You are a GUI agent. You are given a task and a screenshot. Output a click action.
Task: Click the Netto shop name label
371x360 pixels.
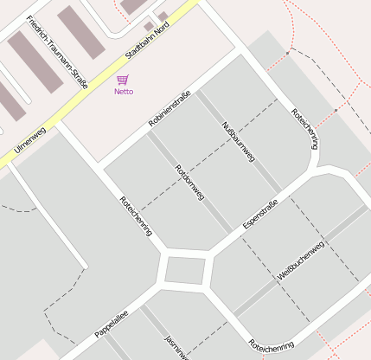124,91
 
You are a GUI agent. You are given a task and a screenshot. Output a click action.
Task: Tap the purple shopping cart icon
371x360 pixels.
123,80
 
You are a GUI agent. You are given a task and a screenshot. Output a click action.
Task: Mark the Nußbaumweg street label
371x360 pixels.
238,141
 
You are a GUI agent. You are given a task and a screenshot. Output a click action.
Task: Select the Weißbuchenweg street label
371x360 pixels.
300,260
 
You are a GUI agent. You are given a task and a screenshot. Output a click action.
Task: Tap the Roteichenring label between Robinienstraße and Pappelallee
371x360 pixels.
137,216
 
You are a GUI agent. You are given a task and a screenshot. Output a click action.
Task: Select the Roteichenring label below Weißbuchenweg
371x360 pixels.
271,344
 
